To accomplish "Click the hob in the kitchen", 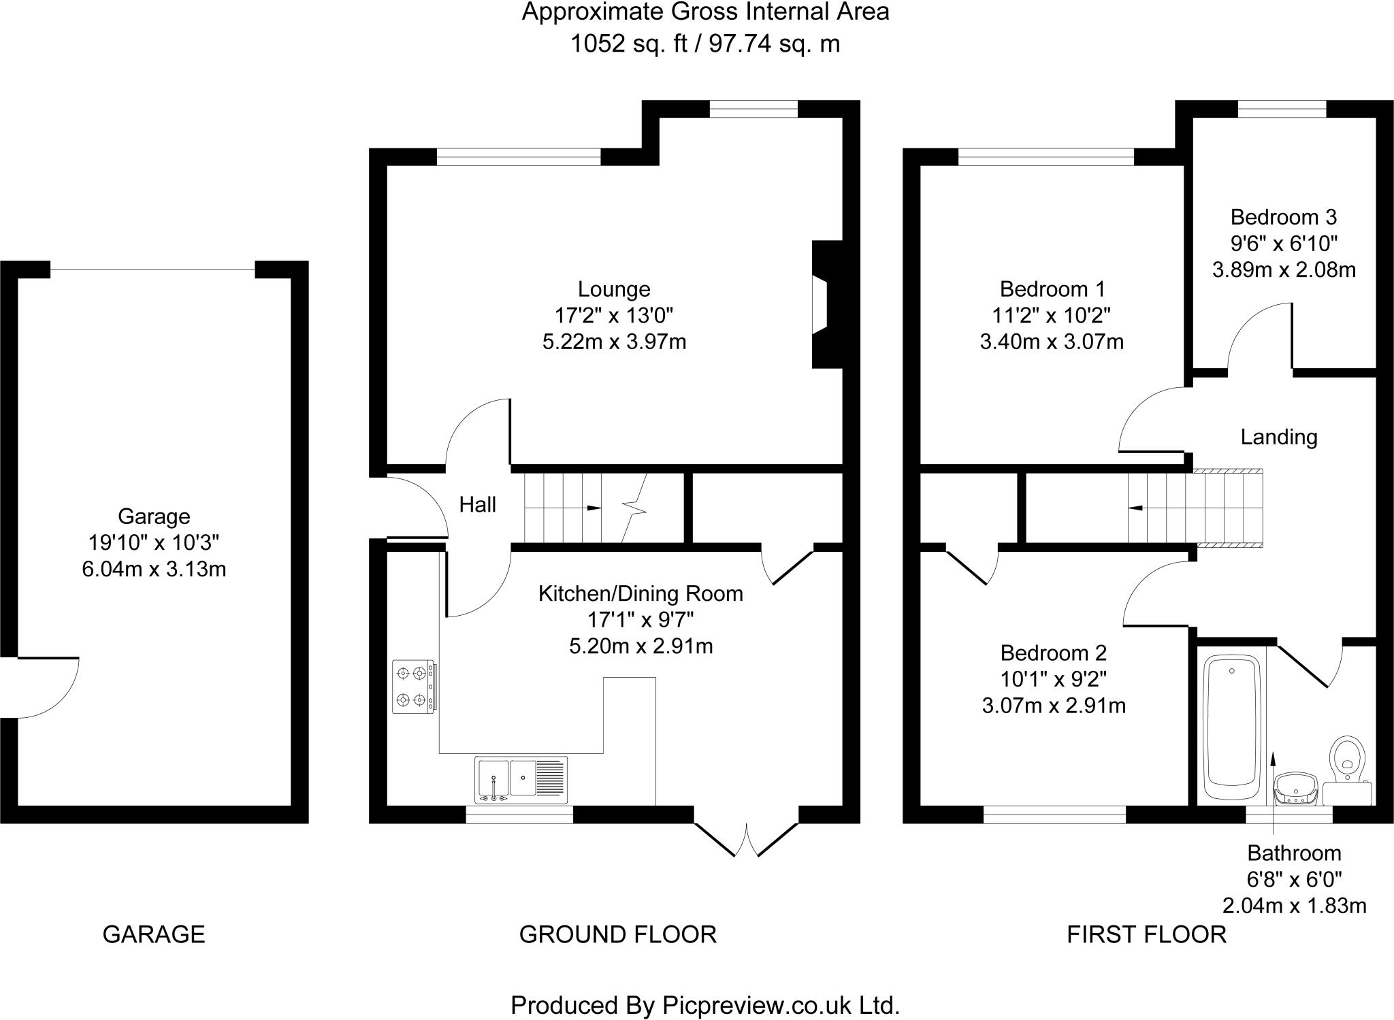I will click(x=414, y=687).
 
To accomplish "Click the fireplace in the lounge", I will click(x=826, y=304).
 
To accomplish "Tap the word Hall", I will click(x=477, y=505).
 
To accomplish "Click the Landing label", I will click(x=1278, y=437).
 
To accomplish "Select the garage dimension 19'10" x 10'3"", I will click(x=154, y=542).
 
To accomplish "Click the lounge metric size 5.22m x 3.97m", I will click(x=614, y=342).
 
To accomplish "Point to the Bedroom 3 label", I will click(x=1283, y=217).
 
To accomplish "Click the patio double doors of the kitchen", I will click(x=746, y=837).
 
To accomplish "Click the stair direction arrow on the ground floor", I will click(x=593, y=508).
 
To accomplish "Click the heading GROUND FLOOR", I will click(x=617, y=934).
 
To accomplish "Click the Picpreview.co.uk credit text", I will click(x=705, y=1005).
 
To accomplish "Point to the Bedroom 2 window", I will click(x=1054, y=815).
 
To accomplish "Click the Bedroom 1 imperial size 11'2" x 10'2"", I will click(x=1051, y=315).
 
